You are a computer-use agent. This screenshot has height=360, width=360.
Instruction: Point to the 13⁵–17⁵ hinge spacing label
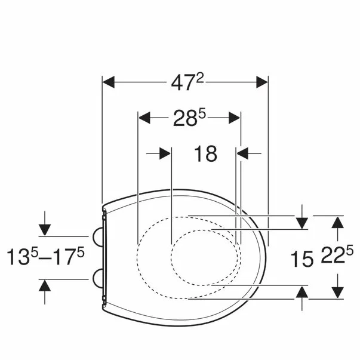46,257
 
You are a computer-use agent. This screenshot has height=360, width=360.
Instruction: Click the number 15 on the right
302,259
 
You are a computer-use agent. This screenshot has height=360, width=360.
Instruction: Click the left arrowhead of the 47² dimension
109,82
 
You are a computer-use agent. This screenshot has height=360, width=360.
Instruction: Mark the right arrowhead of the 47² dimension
261,82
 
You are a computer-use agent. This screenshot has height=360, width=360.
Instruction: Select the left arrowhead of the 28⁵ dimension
144,118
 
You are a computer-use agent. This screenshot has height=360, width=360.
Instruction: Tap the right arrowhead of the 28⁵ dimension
234,118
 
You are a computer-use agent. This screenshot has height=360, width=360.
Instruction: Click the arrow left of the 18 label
165,153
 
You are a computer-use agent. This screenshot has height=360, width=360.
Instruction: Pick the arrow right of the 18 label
243,153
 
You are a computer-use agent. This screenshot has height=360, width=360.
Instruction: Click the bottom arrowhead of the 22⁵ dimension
337,292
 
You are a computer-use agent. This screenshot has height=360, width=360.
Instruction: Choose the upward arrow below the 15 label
302,291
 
